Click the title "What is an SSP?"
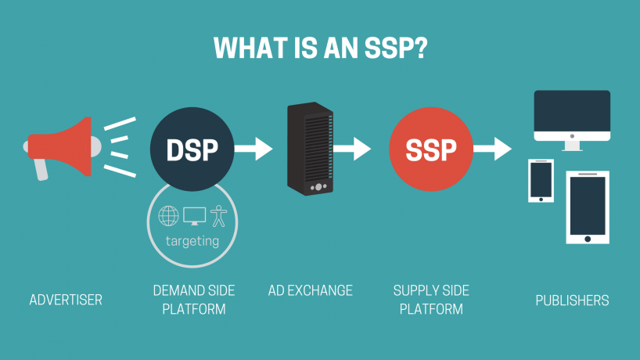(320, 47)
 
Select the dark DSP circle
(192, 148)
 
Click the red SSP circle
(430, 148)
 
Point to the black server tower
(311, 149)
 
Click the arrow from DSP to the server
(252, 148)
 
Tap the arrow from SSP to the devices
(492, 148)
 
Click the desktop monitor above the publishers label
(572, 117)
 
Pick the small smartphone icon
(541, 181)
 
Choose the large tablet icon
(588, 207)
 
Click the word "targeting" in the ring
(192, 241)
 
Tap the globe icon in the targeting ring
(168, 215)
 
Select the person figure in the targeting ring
(217, 215)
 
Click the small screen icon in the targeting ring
(193, 215)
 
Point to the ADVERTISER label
(66, 300)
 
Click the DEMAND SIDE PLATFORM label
(194, 300)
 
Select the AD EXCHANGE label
(311, 291)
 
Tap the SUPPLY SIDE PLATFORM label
(431, 300)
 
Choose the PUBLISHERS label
(572, 300)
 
